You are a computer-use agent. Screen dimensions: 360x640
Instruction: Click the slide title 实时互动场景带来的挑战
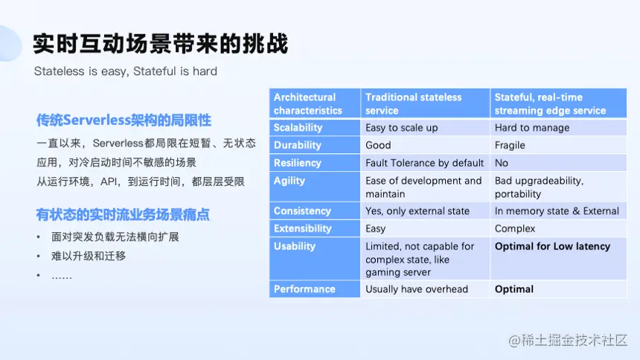(160, 44)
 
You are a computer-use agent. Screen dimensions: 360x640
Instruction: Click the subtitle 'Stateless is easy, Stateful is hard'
(125, 71)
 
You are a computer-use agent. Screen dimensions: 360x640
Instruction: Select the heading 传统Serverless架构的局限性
(124, 120)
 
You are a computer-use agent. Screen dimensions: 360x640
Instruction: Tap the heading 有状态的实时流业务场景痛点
(123, 215)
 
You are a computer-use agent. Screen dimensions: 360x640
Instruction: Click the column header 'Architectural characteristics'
(308, 104)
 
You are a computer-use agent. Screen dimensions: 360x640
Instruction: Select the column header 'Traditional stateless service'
(413, 104)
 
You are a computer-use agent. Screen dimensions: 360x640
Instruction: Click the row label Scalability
(298, 128)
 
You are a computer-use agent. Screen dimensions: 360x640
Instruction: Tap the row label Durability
(297, 145)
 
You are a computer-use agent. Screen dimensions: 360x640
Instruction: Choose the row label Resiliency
(297, 163)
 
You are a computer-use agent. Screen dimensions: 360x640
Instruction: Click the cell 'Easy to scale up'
(401, 128)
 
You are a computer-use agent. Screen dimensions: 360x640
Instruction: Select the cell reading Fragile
(510, 145)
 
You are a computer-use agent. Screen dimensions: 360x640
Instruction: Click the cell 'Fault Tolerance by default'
(424, 163)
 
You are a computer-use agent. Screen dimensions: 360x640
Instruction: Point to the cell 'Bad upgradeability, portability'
(539, 187)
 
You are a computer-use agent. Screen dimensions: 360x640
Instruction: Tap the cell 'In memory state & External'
(557, 211)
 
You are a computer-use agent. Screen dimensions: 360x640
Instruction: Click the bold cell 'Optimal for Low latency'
(552, 246)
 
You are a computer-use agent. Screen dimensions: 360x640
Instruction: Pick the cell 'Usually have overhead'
(417, 289)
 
